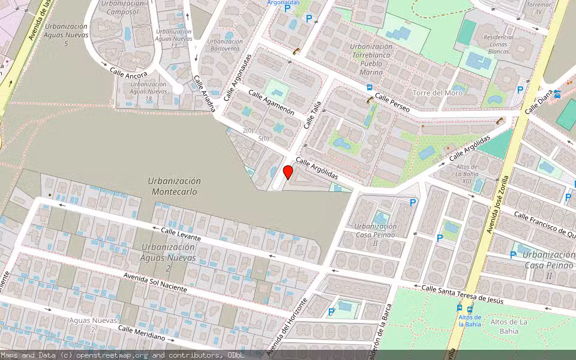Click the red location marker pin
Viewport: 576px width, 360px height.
click(x=288, y=173)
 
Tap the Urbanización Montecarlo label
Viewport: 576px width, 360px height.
click(x=175, y=187)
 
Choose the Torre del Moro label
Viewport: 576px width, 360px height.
click(x=437, y=92)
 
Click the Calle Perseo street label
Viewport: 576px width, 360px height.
click(x=392, y=103)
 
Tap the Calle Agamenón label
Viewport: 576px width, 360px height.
click(x=271, y=102)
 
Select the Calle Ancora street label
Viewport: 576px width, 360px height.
click(x=128, y=71)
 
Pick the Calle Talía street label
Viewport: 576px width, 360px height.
click(x=312, y=115)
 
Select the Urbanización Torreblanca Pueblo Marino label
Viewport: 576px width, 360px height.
click(x=371, y=59)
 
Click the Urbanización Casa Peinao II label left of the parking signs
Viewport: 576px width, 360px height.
click(x=376, y=234)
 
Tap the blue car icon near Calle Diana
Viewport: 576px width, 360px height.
click(x=557, y=94)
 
